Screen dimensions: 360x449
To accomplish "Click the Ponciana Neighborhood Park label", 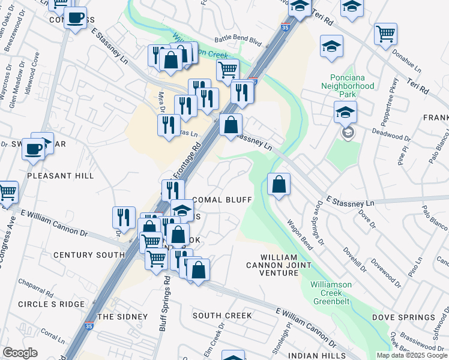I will click(x=352, y=86).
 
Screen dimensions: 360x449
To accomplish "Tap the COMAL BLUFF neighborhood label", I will click(x=220, y=199).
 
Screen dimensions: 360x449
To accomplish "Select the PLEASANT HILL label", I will click(x=60, y=176).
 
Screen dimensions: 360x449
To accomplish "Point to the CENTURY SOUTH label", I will click(x=88, y=255).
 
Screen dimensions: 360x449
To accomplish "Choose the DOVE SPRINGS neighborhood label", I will click(x=403, y=317).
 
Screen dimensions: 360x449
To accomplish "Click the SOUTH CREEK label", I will click(x=222, y=316).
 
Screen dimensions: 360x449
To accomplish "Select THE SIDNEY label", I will click(x=122, y=316).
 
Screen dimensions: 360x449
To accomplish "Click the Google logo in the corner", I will click(x=20, y=353).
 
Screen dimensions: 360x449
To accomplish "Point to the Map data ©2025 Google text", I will click(x=412, y=355).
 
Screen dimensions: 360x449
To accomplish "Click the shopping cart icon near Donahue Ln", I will click(x=385, y=34).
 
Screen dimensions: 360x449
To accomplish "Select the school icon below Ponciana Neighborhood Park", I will click(x=345, y=112).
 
